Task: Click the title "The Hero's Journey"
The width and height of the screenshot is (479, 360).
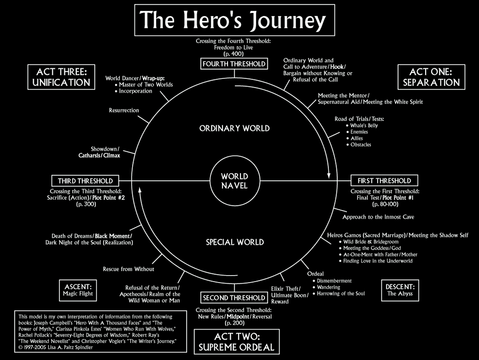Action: coord(234,20)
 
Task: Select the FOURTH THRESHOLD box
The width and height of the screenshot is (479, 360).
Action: coord(234,64)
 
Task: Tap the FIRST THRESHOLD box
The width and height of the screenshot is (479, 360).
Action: coord(384,180)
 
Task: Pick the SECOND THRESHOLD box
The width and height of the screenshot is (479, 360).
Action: coord(234,298)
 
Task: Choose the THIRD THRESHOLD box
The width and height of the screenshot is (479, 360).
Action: coord(85,180)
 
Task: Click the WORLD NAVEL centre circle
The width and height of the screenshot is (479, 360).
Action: coord(234,181)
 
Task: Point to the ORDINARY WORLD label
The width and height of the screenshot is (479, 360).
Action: coord(234,128)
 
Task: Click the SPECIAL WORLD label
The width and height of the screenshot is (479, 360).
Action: coord(235,243)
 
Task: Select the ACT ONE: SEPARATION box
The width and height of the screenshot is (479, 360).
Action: coord(431,77)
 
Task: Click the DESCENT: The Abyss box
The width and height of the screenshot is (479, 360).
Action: coord(400,290)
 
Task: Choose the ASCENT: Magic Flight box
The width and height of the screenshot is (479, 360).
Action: coord(78,290)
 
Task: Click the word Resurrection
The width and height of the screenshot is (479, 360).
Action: coord(124,110)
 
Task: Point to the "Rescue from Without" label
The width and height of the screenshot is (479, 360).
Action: coord(128,269)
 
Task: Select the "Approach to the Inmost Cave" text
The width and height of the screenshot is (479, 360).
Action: coord(378,217)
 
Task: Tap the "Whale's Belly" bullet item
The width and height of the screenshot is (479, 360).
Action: coord(365,125)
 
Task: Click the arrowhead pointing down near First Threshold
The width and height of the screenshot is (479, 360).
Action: coord(328,175)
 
